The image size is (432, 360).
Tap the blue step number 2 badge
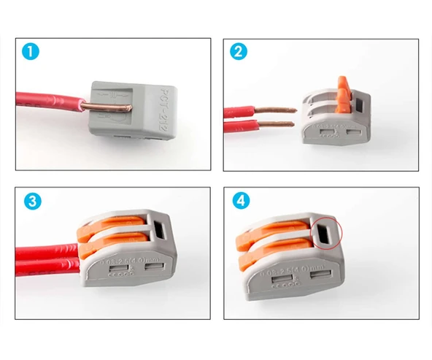[x=238, y=53]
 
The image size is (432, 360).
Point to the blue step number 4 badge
[x=238, y=202]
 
